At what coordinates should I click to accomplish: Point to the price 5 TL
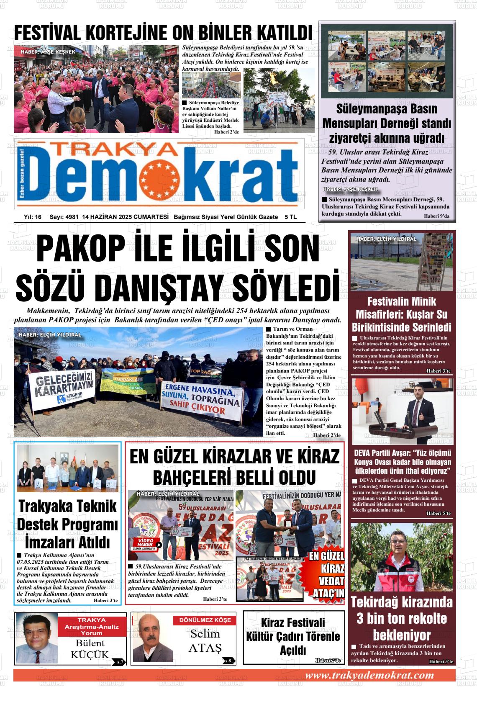290,217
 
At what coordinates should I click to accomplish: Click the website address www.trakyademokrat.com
369,675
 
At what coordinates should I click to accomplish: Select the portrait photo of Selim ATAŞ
152,638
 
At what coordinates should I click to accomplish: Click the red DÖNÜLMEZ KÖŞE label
205,620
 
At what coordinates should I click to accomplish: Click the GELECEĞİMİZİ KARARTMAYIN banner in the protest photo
59,388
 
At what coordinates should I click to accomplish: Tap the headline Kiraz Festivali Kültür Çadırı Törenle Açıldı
293,636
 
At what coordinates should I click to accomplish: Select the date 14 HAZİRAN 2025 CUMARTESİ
126,217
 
